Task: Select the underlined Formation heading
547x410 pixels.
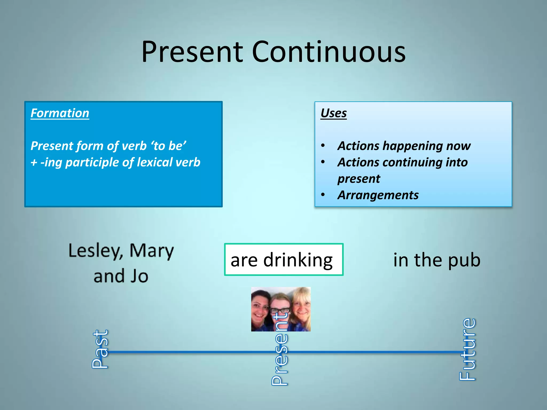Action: (x=60, y=113)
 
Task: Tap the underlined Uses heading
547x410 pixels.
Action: (x=334, y=113)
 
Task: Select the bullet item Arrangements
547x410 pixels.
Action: (x=378, y=195)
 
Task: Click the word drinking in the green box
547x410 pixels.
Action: (x=298, y=260)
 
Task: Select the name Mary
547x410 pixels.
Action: (x=151, y=251)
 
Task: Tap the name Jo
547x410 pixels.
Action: (x=139, y=276)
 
